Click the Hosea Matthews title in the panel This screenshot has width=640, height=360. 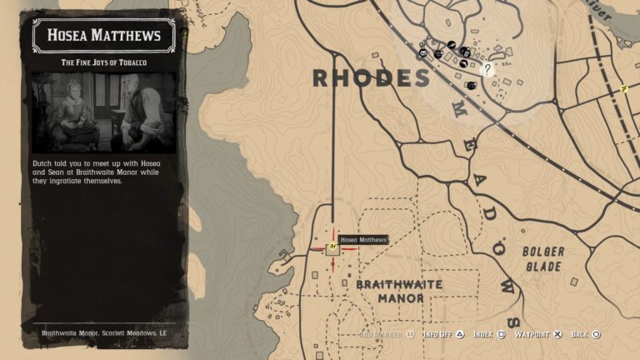[103, 35]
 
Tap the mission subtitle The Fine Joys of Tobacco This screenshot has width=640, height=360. [103, 62]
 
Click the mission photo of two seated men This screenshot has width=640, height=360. [103, 112]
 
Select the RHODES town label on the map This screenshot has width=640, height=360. [371, 78]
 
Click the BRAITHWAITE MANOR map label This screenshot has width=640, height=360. [399, 291]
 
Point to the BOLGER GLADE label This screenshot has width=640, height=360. [542, 257]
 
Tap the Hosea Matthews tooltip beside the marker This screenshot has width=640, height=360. [363, 240]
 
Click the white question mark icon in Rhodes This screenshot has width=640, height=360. [487, 69]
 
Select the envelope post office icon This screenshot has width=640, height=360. [423, 53]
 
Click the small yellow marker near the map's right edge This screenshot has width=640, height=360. [624, 88]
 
